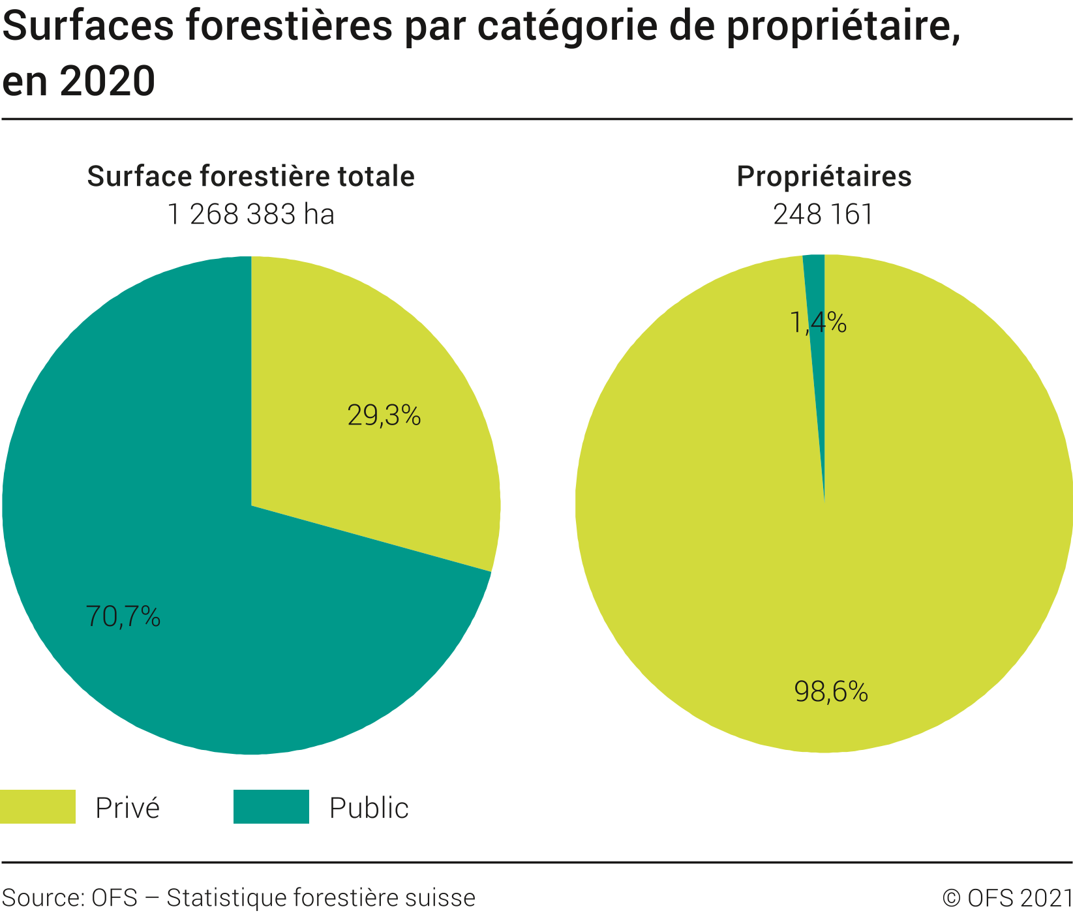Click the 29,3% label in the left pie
point(384,415)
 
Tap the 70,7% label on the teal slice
point(123,616)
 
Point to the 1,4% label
point(818,323)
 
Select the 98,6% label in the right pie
point(831,691)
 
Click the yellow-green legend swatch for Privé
point(37,807)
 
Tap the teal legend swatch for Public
point(271,807)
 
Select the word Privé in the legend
point(127,808)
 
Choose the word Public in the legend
point(369,808)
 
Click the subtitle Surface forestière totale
point(250,177)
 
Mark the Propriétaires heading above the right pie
point(824,177)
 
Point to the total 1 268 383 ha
point(250,215)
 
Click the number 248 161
point(823,215)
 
